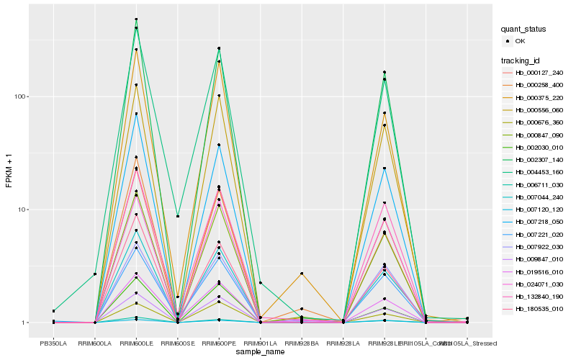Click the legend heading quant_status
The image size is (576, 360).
pyautogui.click(x=524, y=30)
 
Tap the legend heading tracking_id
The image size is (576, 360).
pyautogui.click(x=521, y=60)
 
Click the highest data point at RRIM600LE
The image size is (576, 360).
pyautogui.click(x=136, y=19)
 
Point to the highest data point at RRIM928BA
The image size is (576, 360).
pyautogui.click(x=302, y=274)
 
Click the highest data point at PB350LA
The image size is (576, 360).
pyautogui.click(x=53, y=311)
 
